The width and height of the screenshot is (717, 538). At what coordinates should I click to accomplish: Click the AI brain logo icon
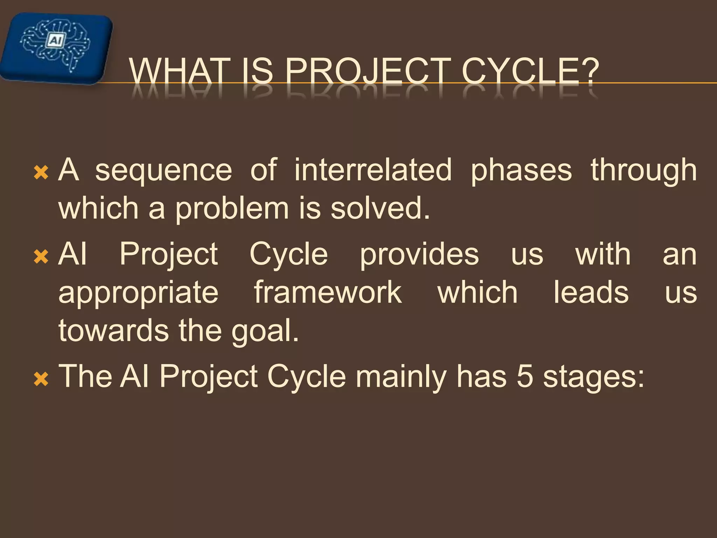[x=56, y=47]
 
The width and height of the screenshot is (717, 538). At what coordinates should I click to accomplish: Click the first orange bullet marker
[x=41, y=173]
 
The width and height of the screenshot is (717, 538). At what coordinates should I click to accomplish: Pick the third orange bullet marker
[x=41, y=379]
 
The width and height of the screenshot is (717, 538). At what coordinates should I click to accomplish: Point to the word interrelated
[x=373, y=170]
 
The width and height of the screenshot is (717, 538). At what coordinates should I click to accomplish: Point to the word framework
[x=328, y=292]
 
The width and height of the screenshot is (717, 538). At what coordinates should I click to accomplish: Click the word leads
[x=591, y=292]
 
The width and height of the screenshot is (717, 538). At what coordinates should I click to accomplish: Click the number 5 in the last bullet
[x=525, y=377]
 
